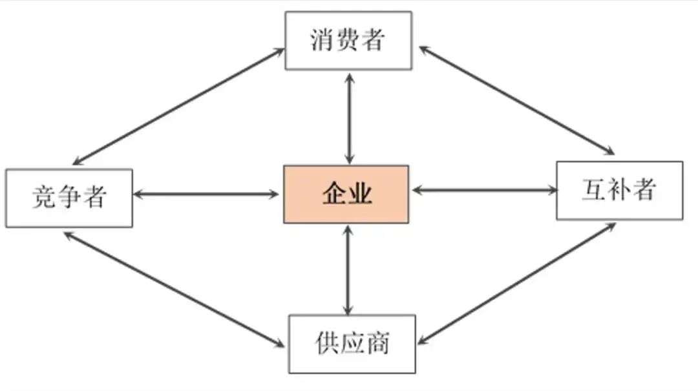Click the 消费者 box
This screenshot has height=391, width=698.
click(348, 41)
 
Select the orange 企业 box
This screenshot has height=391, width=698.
click(346, 194)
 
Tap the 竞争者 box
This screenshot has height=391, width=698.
click(69, 198)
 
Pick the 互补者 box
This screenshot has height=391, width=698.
click(620, 191)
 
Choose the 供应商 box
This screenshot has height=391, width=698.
click(352, 344)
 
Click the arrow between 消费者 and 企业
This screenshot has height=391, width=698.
click(350, 119)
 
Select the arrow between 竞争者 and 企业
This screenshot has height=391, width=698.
click(206, 194)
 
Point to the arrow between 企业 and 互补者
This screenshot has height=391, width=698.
click(485, 191)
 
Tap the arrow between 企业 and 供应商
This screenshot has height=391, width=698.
click(348, 270)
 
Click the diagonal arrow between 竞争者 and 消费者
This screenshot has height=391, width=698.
click(178, 107)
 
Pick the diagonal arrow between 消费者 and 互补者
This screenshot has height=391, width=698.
click(517, 100)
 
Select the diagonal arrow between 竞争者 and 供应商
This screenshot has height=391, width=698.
click(174, 290)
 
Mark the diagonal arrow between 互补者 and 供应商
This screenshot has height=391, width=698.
click(516, 284)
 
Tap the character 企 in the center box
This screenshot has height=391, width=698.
click(334, 194)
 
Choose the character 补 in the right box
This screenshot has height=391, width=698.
click(619, 190)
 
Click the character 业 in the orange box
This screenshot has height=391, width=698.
click(360, 194)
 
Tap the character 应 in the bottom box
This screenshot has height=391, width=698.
click(353, 343)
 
